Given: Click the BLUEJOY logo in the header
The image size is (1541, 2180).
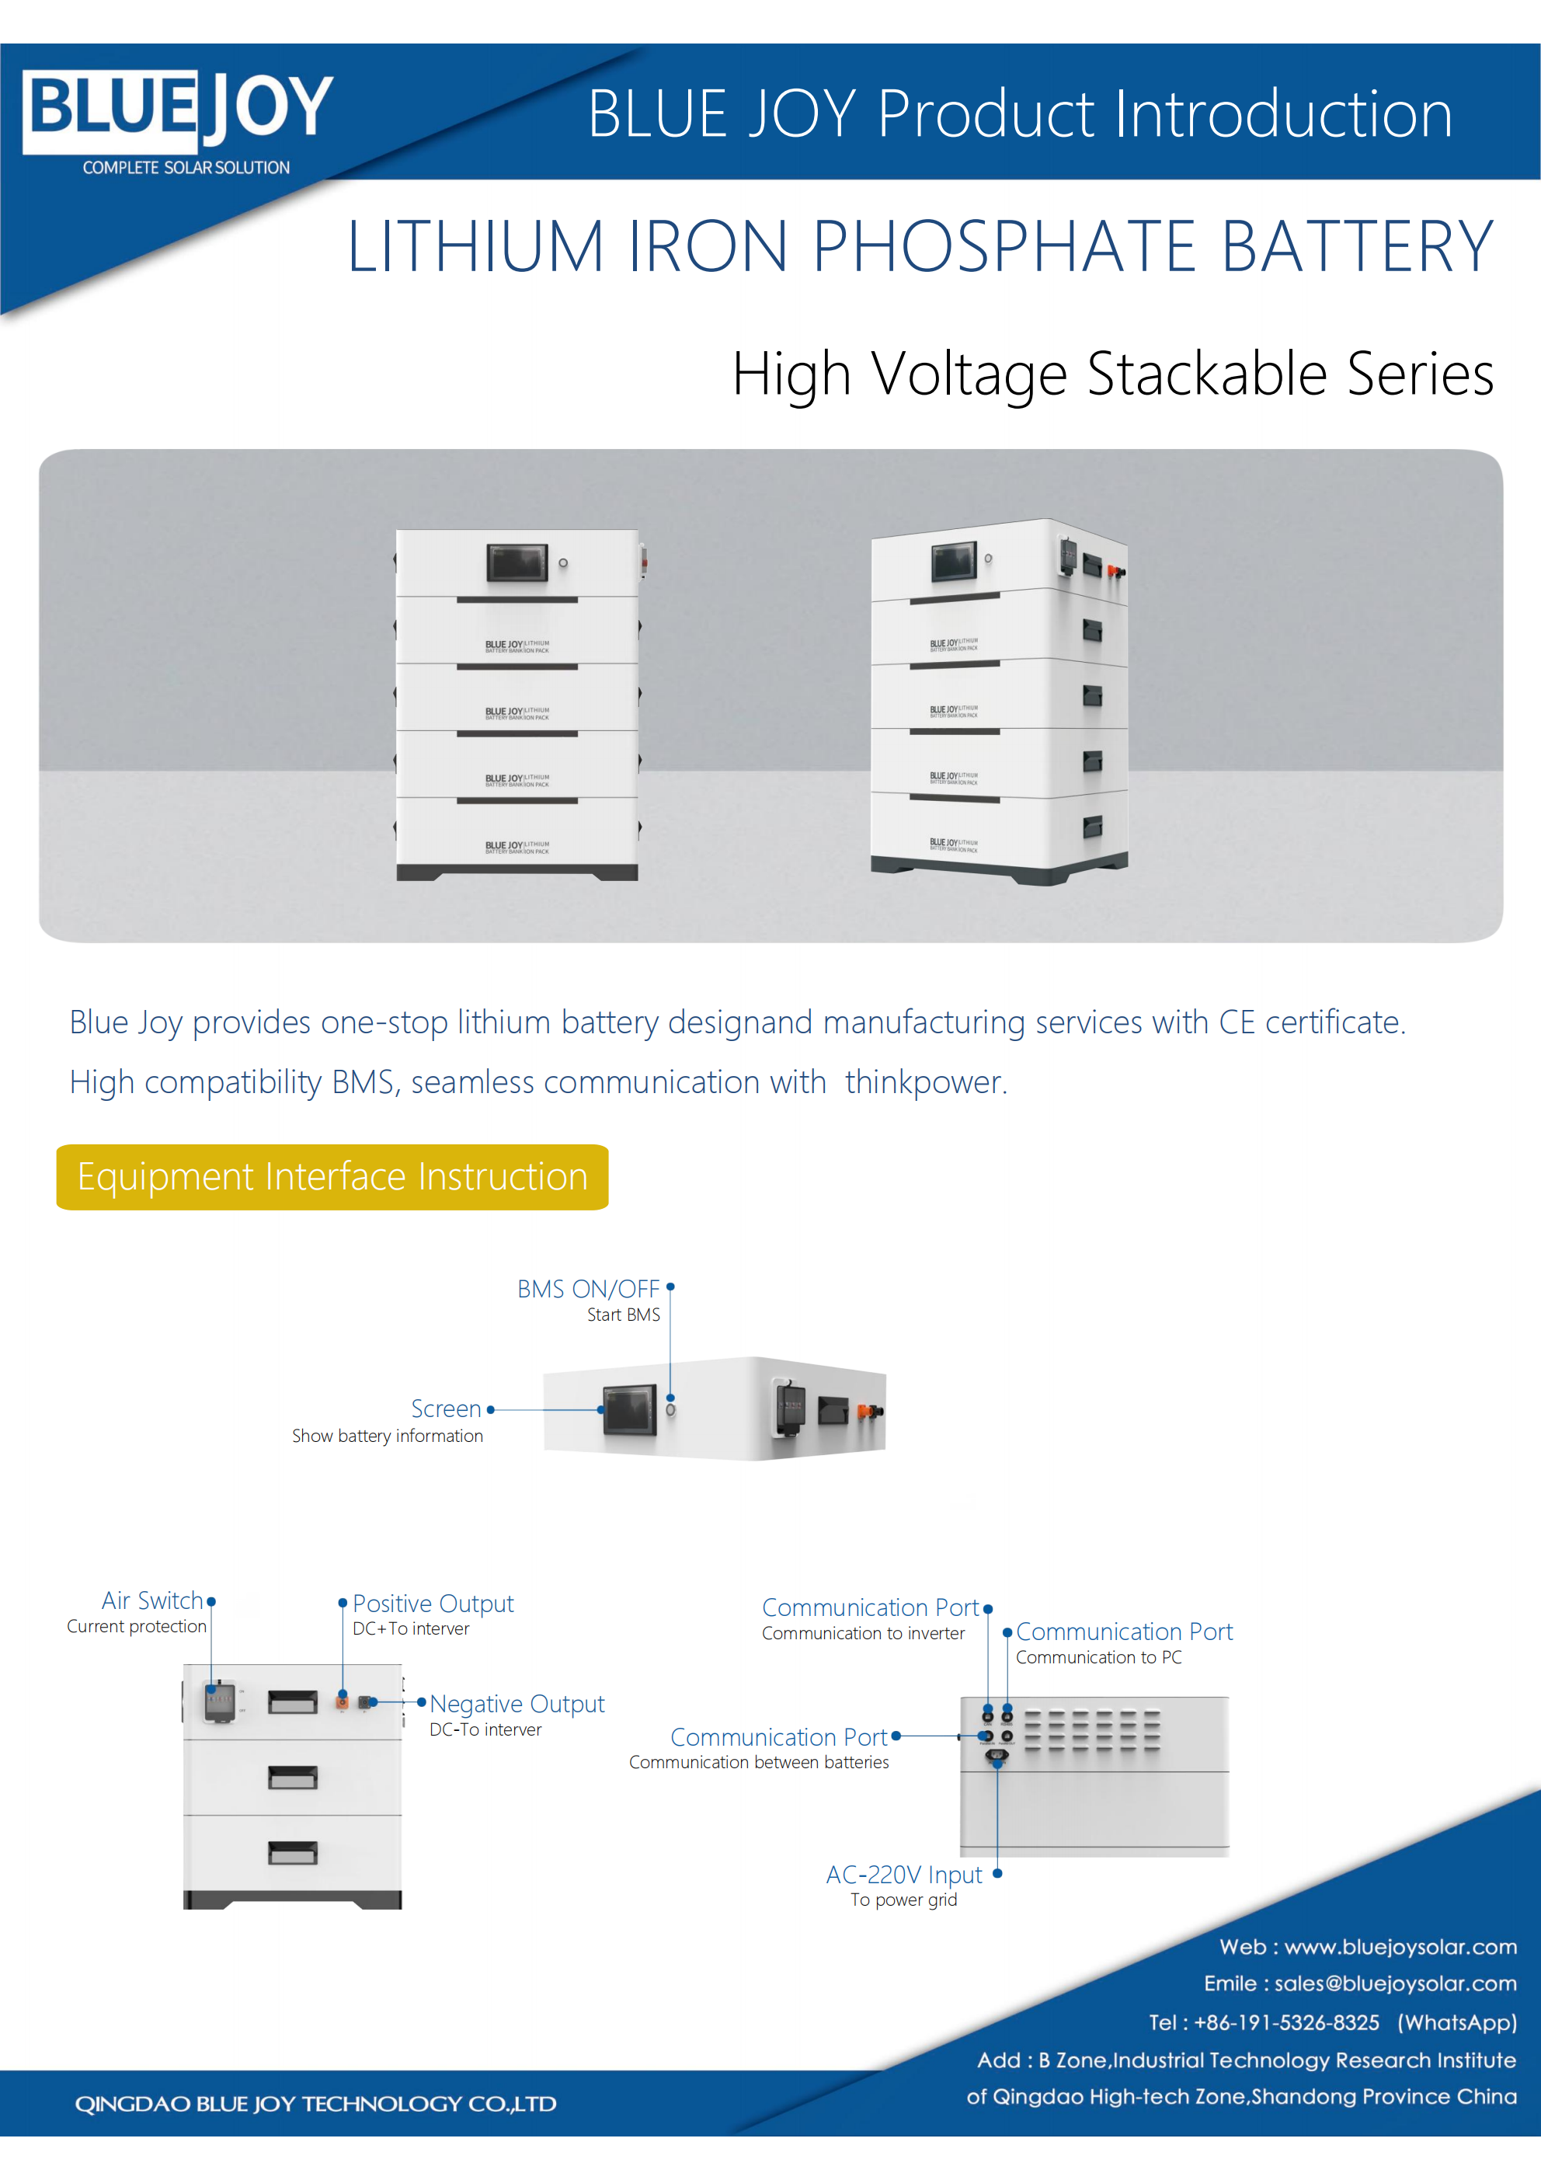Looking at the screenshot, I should pyautogui.click(x=178, y=111).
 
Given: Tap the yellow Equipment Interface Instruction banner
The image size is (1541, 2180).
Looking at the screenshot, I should pyautogui.click(x=332, y=1176).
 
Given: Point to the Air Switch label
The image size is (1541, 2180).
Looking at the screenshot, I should pyautogui.click(x=152, y=1601).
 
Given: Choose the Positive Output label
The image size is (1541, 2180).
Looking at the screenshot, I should pyautogui.click(x=433, y=1604).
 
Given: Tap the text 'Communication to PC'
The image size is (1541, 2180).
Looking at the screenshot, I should pyautogui.click(x=1098, y=1657).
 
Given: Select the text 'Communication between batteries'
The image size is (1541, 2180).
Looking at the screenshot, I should pyautogui.click(x=759, y=1762).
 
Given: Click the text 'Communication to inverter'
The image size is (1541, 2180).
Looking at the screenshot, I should pyautogui.click(x=863, y=1633).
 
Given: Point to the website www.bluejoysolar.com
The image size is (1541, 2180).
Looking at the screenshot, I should pyautogui.click(x=1400, y=1948).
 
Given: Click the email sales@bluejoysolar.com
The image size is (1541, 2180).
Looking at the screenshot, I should pyautogui.click(x=1395, y=1983).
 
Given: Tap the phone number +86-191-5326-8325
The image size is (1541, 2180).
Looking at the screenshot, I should pyautogui.click(x=1285, y=2022).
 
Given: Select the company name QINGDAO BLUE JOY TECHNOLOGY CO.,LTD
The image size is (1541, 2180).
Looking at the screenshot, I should pyautogui.click(x=315, y=2104).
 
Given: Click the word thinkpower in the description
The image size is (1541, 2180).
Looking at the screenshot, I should pyautogui.click(x=923, y=1081).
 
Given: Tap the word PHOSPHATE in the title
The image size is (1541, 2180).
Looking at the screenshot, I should pyautogui.click(x=1004, y=247).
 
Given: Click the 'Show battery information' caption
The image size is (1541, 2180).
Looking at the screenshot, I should pyautogui.click(x=388, y=1436).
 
